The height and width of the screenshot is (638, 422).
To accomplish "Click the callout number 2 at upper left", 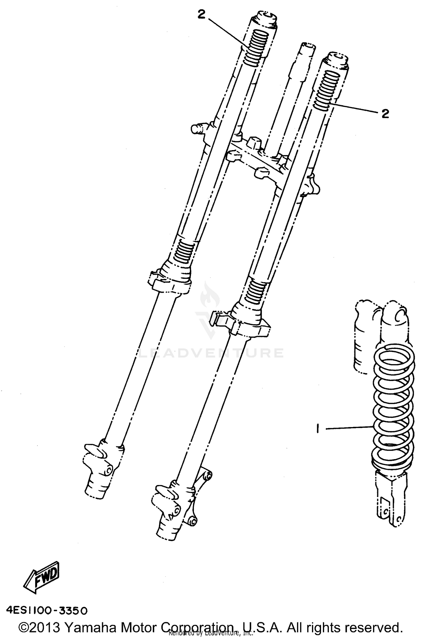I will click(202, 15).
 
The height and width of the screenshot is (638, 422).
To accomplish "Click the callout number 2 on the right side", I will click(385, 114).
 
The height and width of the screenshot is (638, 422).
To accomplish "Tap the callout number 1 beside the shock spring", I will click(317, 429).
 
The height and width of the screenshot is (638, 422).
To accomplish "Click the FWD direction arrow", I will click(42, 575).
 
